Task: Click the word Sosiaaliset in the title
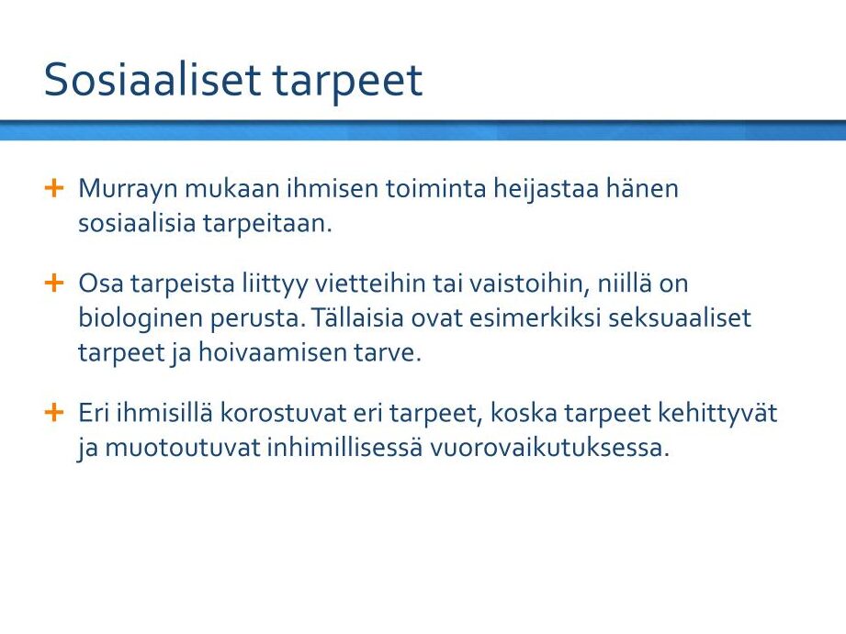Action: pos(152,79)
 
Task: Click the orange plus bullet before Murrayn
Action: pos(54,188)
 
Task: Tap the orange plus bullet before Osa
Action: pos(54,283)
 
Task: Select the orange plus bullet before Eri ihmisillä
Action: pos(54,413)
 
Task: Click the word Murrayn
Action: pos(128,190)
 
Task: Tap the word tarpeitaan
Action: pos(267,224)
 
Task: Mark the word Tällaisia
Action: pos(357,317)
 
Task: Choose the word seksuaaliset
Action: pos(680,317)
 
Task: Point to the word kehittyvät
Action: pos(717,414)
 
